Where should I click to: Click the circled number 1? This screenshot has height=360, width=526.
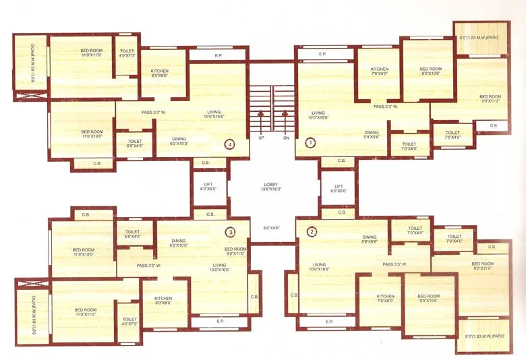tap(311, 142)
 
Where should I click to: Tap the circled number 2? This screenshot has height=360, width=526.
tap(311, 232)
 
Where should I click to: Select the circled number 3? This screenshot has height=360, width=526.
tap(231, 232)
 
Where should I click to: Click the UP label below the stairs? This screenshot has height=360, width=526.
tap(260, 138)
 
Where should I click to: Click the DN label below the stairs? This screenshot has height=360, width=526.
tap(286, 138)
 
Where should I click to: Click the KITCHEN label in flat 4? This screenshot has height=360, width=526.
tap(160, 71)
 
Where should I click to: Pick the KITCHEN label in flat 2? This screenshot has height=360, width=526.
tap(386, 296)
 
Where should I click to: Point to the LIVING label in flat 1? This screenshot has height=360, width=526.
tap(318, 113)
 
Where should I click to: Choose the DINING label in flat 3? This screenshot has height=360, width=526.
tap(179, 241)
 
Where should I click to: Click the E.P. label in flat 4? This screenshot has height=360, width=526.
tap(218, 55)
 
